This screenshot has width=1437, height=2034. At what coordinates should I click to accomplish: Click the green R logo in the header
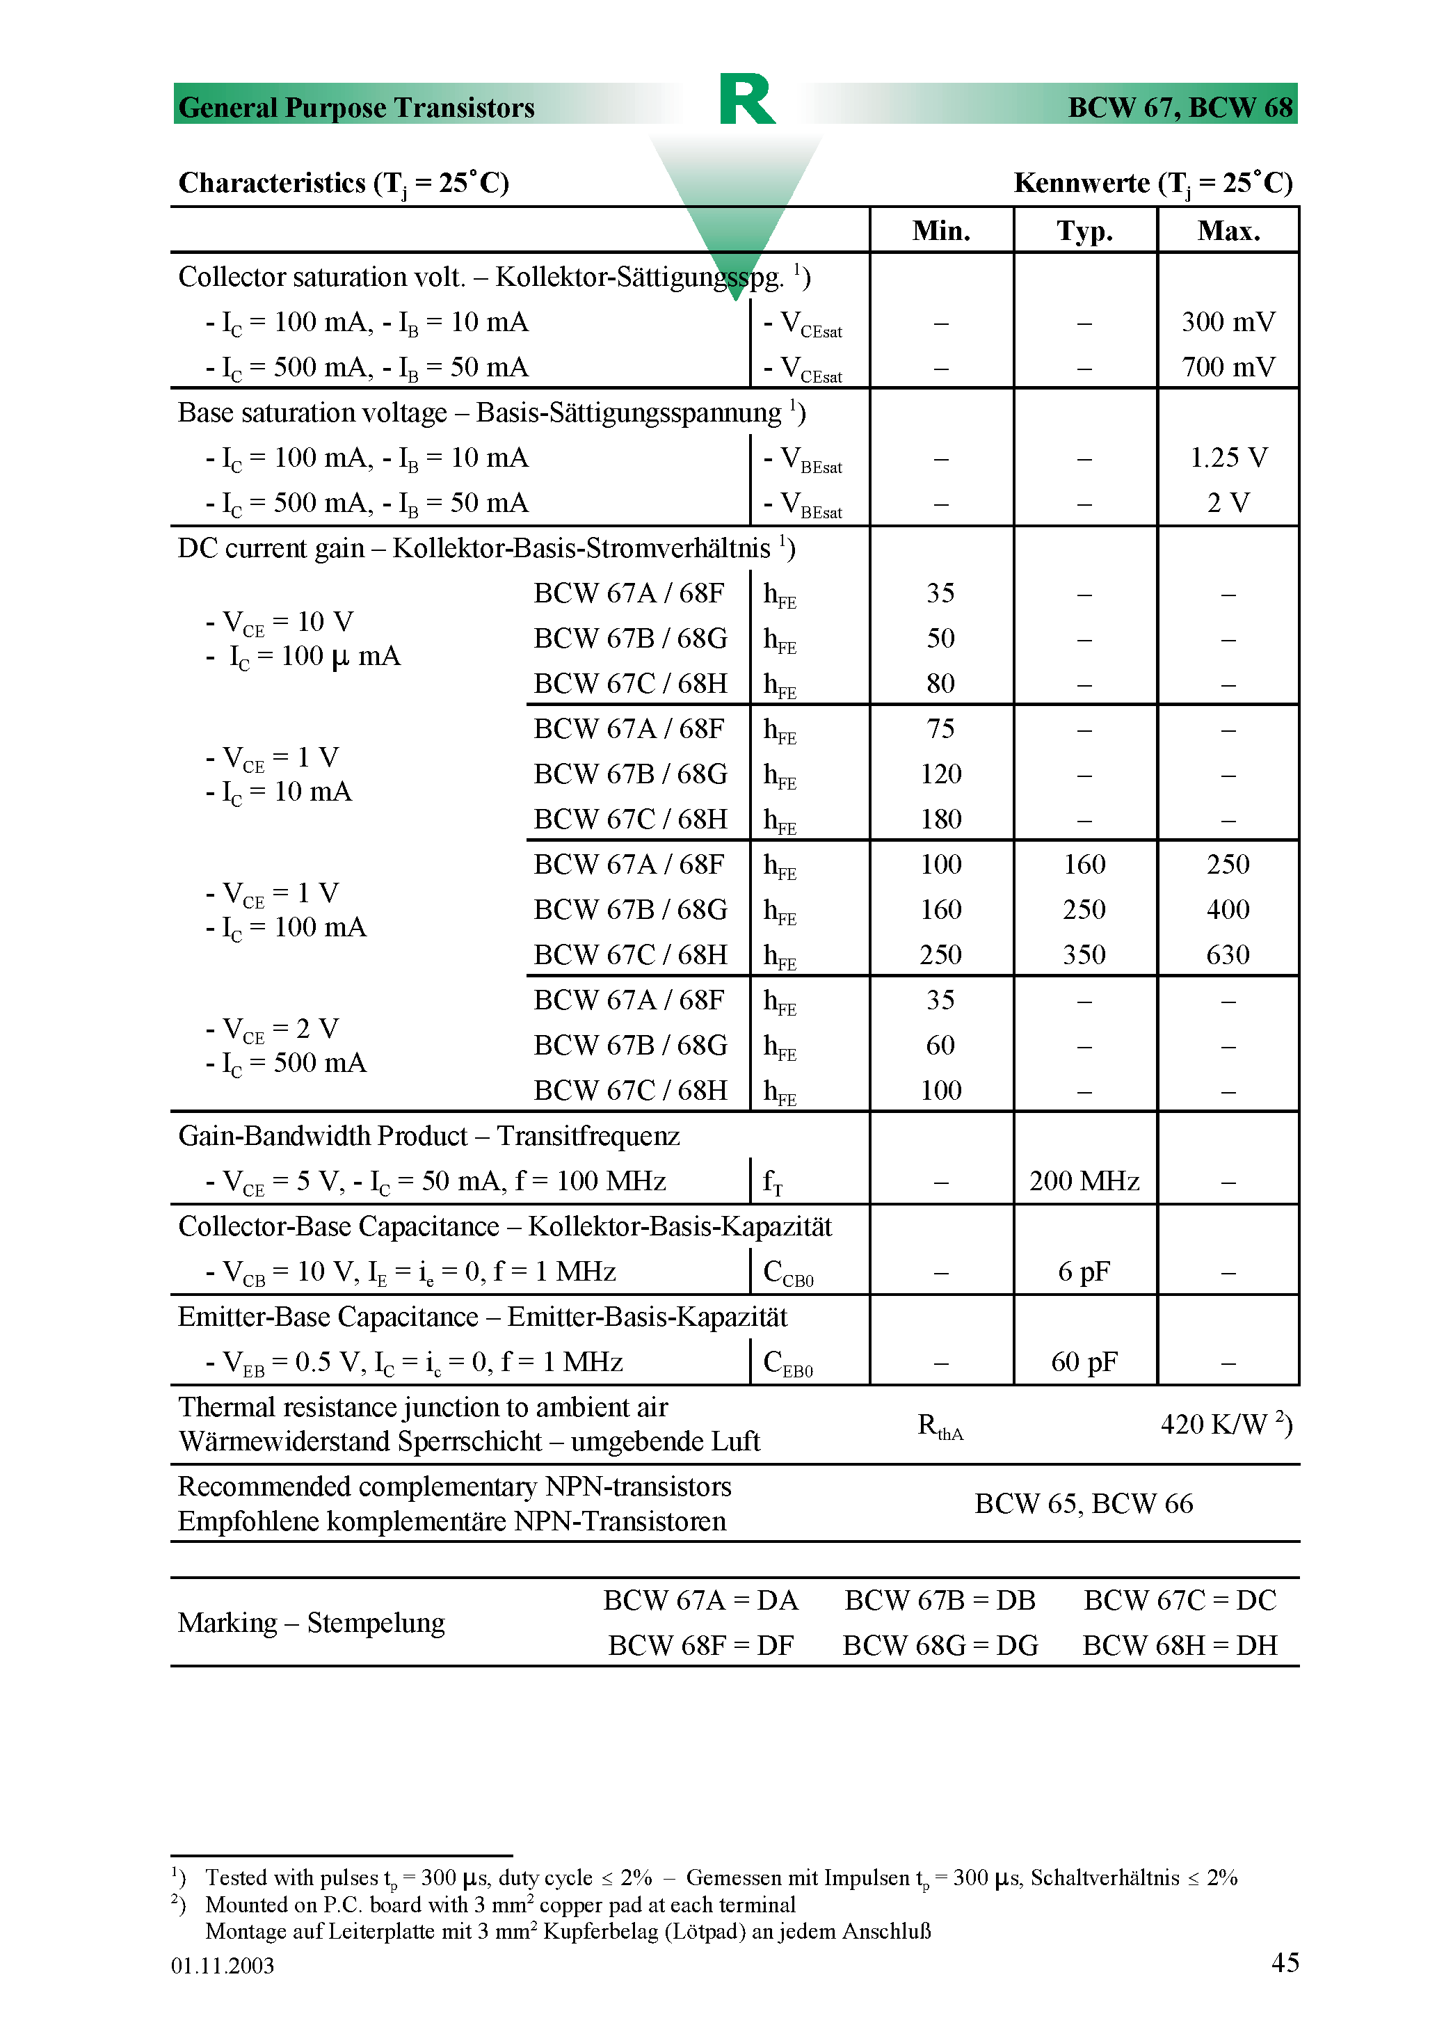[747, 99]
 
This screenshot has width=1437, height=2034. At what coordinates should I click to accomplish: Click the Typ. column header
[1084, 231]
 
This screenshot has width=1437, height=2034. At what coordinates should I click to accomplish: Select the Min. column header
[941, 231]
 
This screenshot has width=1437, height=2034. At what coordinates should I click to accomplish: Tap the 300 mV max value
[1228, 323]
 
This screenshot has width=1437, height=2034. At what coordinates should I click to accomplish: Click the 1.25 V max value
[1228, 458]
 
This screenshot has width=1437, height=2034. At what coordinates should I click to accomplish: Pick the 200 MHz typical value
[1084, 1182]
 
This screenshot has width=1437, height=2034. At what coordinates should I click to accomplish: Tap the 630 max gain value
[1228, 955]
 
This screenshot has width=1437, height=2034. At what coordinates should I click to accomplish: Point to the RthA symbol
[940, 1426]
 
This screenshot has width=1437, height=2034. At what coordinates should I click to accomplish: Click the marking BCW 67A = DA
[700, 1601]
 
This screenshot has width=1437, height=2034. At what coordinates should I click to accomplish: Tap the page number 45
[1285, 1962]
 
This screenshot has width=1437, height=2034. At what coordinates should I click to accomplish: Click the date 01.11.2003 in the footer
[223, 1966]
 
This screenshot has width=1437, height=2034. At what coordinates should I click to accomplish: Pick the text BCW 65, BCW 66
[1084, 1504]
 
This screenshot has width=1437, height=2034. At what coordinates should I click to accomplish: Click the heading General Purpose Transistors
[356, 108]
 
